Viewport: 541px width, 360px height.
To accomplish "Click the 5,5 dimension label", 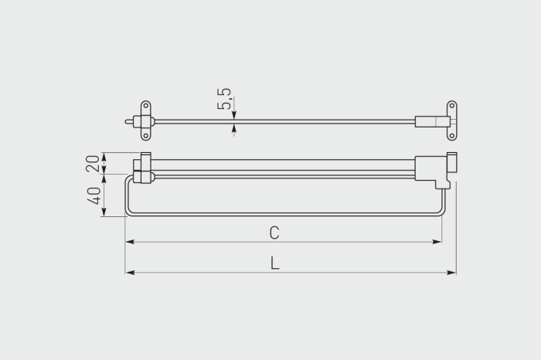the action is click(x=224, y=99).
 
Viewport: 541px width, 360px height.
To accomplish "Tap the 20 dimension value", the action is click(x=93, y=164).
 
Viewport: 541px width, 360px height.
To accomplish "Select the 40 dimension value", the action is click(x=94, y=196).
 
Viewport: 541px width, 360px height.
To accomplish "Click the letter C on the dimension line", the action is click(x=274, y=233).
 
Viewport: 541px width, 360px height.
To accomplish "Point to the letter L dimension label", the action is click(x=274, y=263).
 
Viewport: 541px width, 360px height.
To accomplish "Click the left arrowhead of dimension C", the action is click(x=130, y=242).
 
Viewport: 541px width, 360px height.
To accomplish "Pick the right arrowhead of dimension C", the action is click(x=437, y=242).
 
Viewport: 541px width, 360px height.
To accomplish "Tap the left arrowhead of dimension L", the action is click(x=130, y=273).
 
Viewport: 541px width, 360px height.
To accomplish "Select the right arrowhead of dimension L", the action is click(x=451, y=273).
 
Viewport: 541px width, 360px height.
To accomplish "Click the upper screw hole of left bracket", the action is click(x=145, y=106).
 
